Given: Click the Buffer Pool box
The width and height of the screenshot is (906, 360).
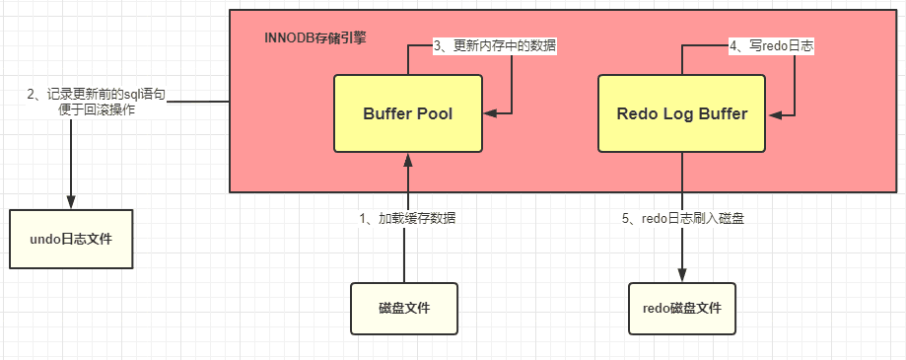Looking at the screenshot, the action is coord(408,113).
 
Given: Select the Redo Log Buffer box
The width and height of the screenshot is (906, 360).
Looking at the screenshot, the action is coord(682,113).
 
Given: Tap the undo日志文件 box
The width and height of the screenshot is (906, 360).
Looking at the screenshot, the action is coord(71,239).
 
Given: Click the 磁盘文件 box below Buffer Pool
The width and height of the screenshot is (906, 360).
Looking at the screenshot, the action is coord(404,309).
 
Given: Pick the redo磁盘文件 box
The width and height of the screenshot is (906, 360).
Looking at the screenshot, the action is coord(682,309).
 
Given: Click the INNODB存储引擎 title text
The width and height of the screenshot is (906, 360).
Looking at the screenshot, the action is coord(314,38).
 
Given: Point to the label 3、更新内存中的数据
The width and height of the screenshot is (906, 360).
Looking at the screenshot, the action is coord(495,47).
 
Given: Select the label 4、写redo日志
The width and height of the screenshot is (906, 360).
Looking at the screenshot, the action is coord(771,47).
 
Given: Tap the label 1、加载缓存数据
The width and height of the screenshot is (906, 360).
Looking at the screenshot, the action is coord(407,218).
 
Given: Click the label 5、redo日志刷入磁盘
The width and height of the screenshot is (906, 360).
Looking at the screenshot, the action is coord(683,218).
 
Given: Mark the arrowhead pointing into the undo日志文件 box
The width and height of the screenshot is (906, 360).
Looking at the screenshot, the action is coord(71,202).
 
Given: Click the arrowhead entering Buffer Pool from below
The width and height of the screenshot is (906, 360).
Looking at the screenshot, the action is coord(408,160).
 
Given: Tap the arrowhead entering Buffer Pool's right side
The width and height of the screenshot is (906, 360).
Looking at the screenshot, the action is coord(489,113).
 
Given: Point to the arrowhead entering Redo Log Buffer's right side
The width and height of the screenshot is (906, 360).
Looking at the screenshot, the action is coord(773,114).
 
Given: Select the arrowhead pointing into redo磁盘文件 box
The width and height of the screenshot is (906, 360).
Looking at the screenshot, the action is coord(682,275).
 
